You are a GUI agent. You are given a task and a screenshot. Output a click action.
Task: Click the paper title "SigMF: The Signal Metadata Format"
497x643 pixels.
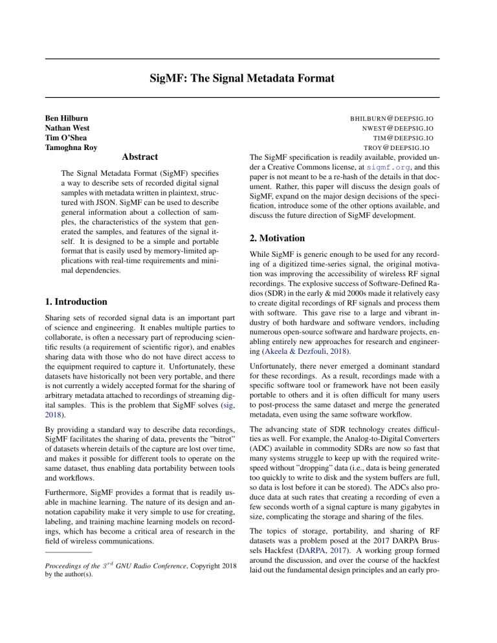tap(248, 79)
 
